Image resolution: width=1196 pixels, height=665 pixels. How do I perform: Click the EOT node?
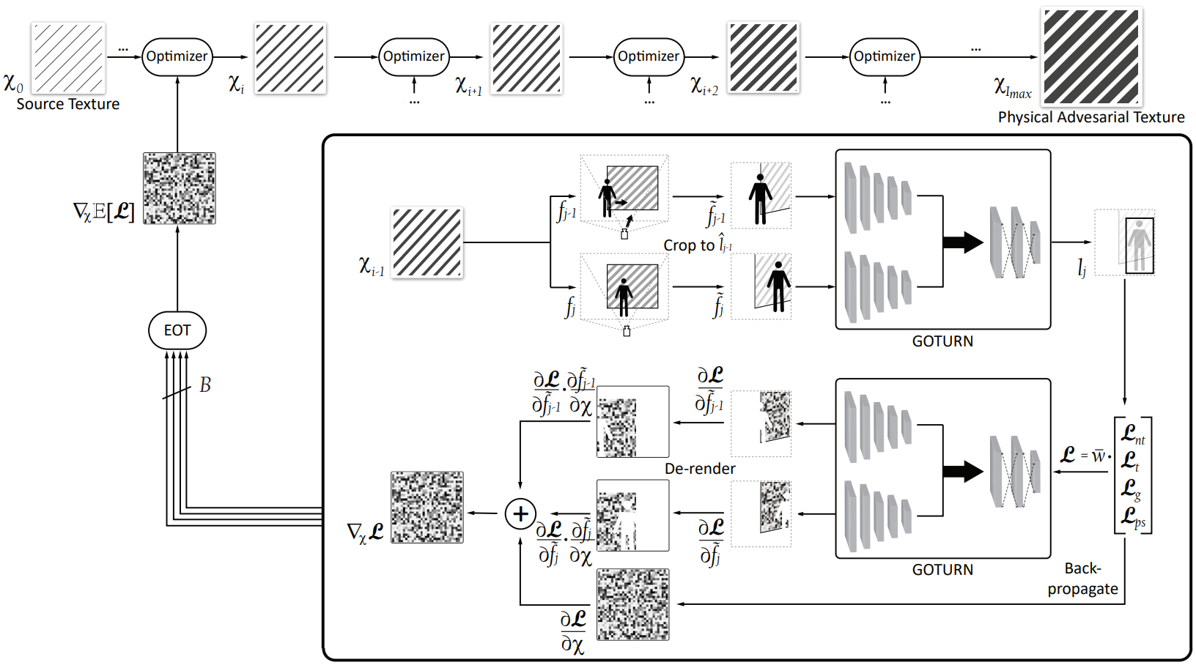click(x=177, y=330)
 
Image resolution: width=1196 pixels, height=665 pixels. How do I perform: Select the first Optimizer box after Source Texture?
click(x=177, y=56)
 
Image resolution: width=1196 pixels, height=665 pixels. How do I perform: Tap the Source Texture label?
click(x=68, y=104)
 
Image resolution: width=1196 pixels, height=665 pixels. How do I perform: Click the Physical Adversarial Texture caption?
click(x=1090, y=117)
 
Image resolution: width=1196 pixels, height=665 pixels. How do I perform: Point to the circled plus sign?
click(x=520, y=513)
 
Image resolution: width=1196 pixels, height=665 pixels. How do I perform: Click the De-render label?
click(x=700, y=469)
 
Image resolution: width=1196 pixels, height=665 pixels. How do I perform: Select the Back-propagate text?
click(x=1082, y=579)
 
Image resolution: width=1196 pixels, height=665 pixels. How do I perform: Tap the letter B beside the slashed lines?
click(x=205, y=385)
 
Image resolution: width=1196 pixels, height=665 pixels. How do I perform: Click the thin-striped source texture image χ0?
click(x=68, y=58)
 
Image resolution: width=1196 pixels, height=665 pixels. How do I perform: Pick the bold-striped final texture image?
click(x=1091, y=57)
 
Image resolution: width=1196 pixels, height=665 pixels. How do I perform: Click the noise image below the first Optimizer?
click(x=180, y=188)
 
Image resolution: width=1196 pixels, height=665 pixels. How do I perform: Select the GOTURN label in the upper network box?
click(x=942, y=341)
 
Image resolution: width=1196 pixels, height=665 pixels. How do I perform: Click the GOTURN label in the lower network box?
click(x=942, y=570)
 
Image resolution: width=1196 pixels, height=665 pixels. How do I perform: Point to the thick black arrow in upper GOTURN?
click(x=962, y=242)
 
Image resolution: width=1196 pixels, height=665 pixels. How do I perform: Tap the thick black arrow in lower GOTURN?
click(x=962, y=471)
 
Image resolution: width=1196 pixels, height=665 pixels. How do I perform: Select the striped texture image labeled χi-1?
click(x=427, y=242)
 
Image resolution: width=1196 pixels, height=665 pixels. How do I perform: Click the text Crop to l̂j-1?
click(x=697, y=245)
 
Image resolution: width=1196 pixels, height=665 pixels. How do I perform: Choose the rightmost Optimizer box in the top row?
click(x=885, y=56)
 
